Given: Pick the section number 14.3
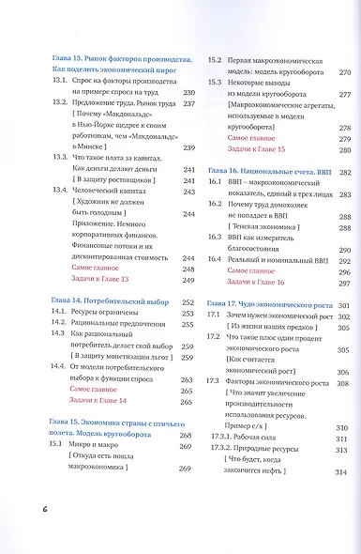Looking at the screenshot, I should pos(58,335).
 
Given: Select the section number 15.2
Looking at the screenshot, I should pos(215,60).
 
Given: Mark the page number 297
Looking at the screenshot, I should pos(343,280).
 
